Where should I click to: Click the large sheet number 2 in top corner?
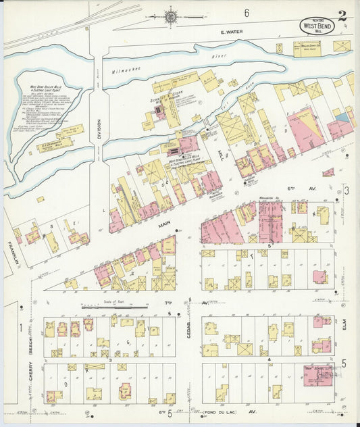(x=343, y=15)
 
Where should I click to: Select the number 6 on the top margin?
(x=247, y=13)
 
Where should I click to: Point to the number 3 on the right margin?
(x=345, y=191)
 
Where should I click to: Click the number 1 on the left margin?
(x=21, y=328)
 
